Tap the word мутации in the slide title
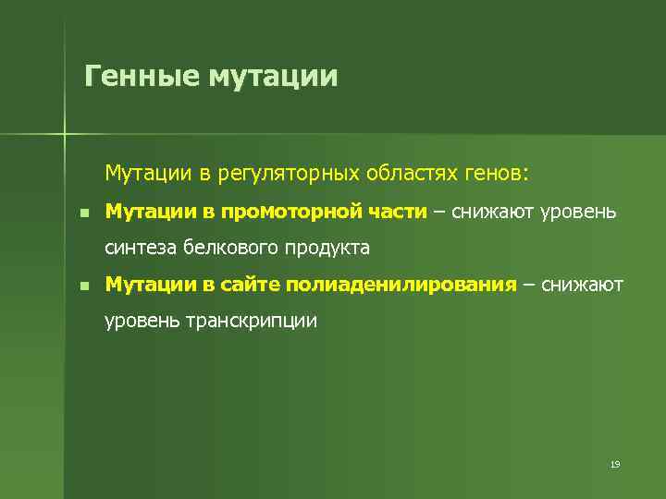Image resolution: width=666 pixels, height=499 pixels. coord(273,76)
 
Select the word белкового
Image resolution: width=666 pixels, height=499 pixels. coord(232,248)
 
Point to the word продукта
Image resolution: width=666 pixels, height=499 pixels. coord(327,249)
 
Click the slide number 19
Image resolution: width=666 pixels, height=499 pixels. coord(614,464)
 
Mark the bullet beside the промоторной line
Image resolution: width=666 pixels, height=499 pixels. coord(84,213)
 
